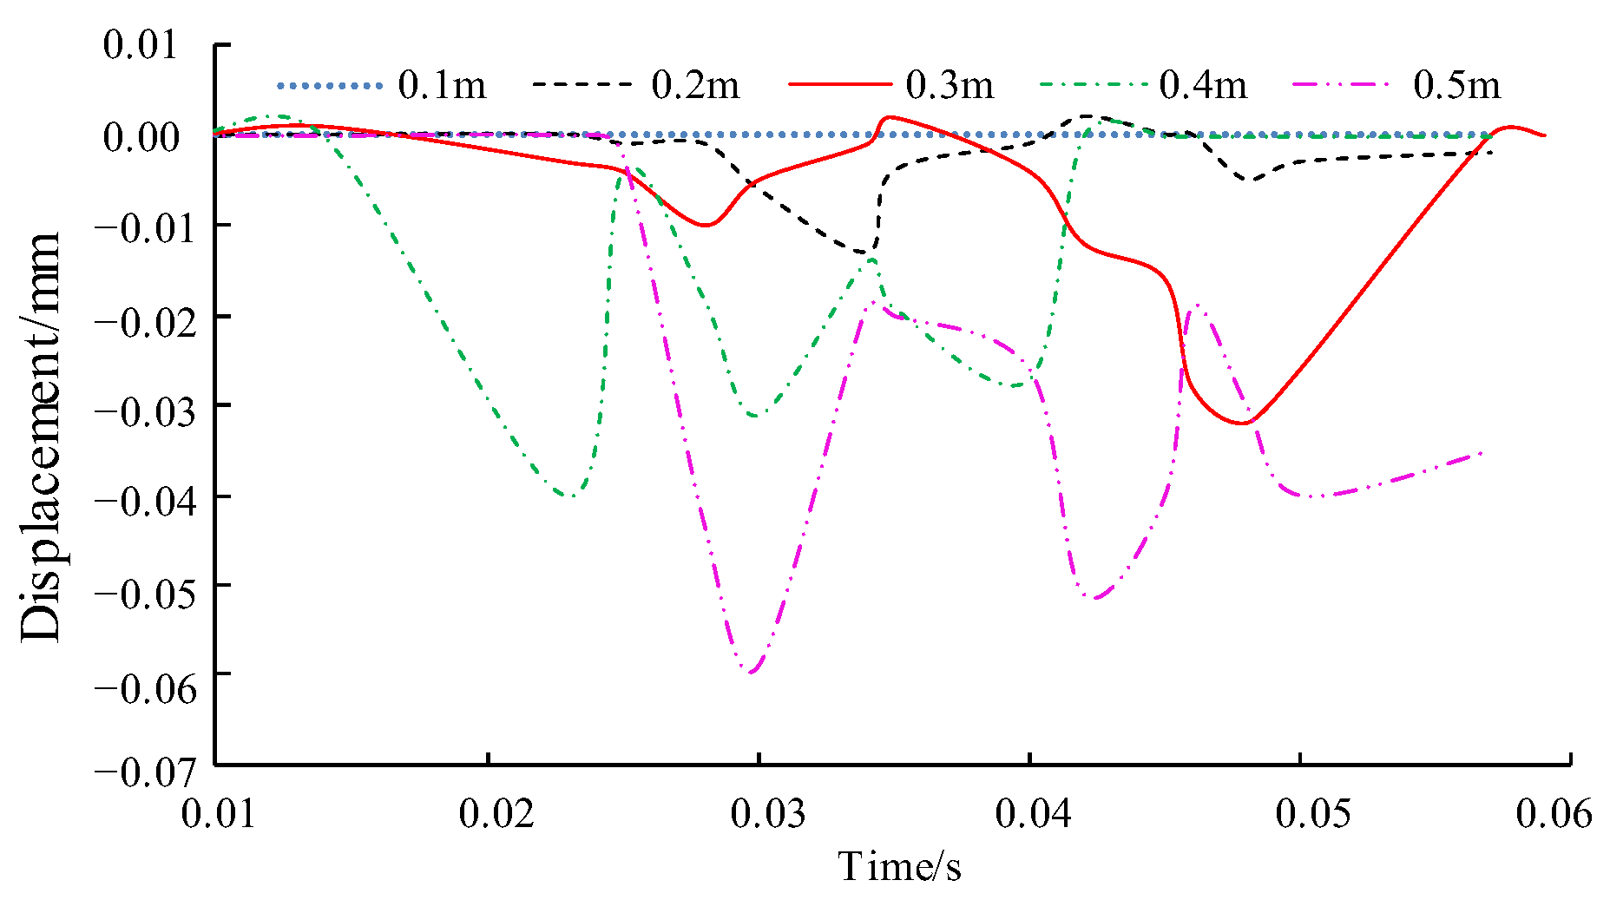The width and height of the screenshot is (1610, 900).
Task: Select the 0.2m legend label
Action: [x=695, y=85]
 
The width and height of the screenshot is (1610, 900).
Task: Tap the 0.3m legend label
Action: [x=949, y=85]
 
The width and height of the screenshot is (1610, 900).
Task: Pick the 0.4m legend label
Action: [x=1203, y=85]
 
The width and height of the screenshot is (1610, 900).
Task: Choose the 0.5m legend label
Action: [x=1456, y=85]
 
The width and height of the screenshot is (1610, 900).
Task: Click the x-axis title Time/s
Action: [x=899, y=866]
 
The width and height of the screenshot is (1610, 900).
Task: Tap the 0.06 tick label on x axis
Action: [x=1554, y=815]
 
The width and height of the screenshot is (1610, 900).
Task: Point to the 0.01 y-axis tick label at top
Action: [x=141, y=45]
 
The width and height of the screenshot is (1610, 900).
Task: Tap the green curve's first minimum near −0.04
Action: [x=570, y=496]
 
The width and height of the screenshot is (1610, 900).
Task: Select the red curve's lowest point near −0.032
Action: [x=1244, y=424]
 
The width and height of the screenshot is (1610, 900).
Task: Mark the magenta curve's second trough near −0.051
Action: [x=1095, y=598]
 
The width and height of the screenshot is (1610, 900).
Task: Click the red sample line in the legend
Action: [x=839, y=85]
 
